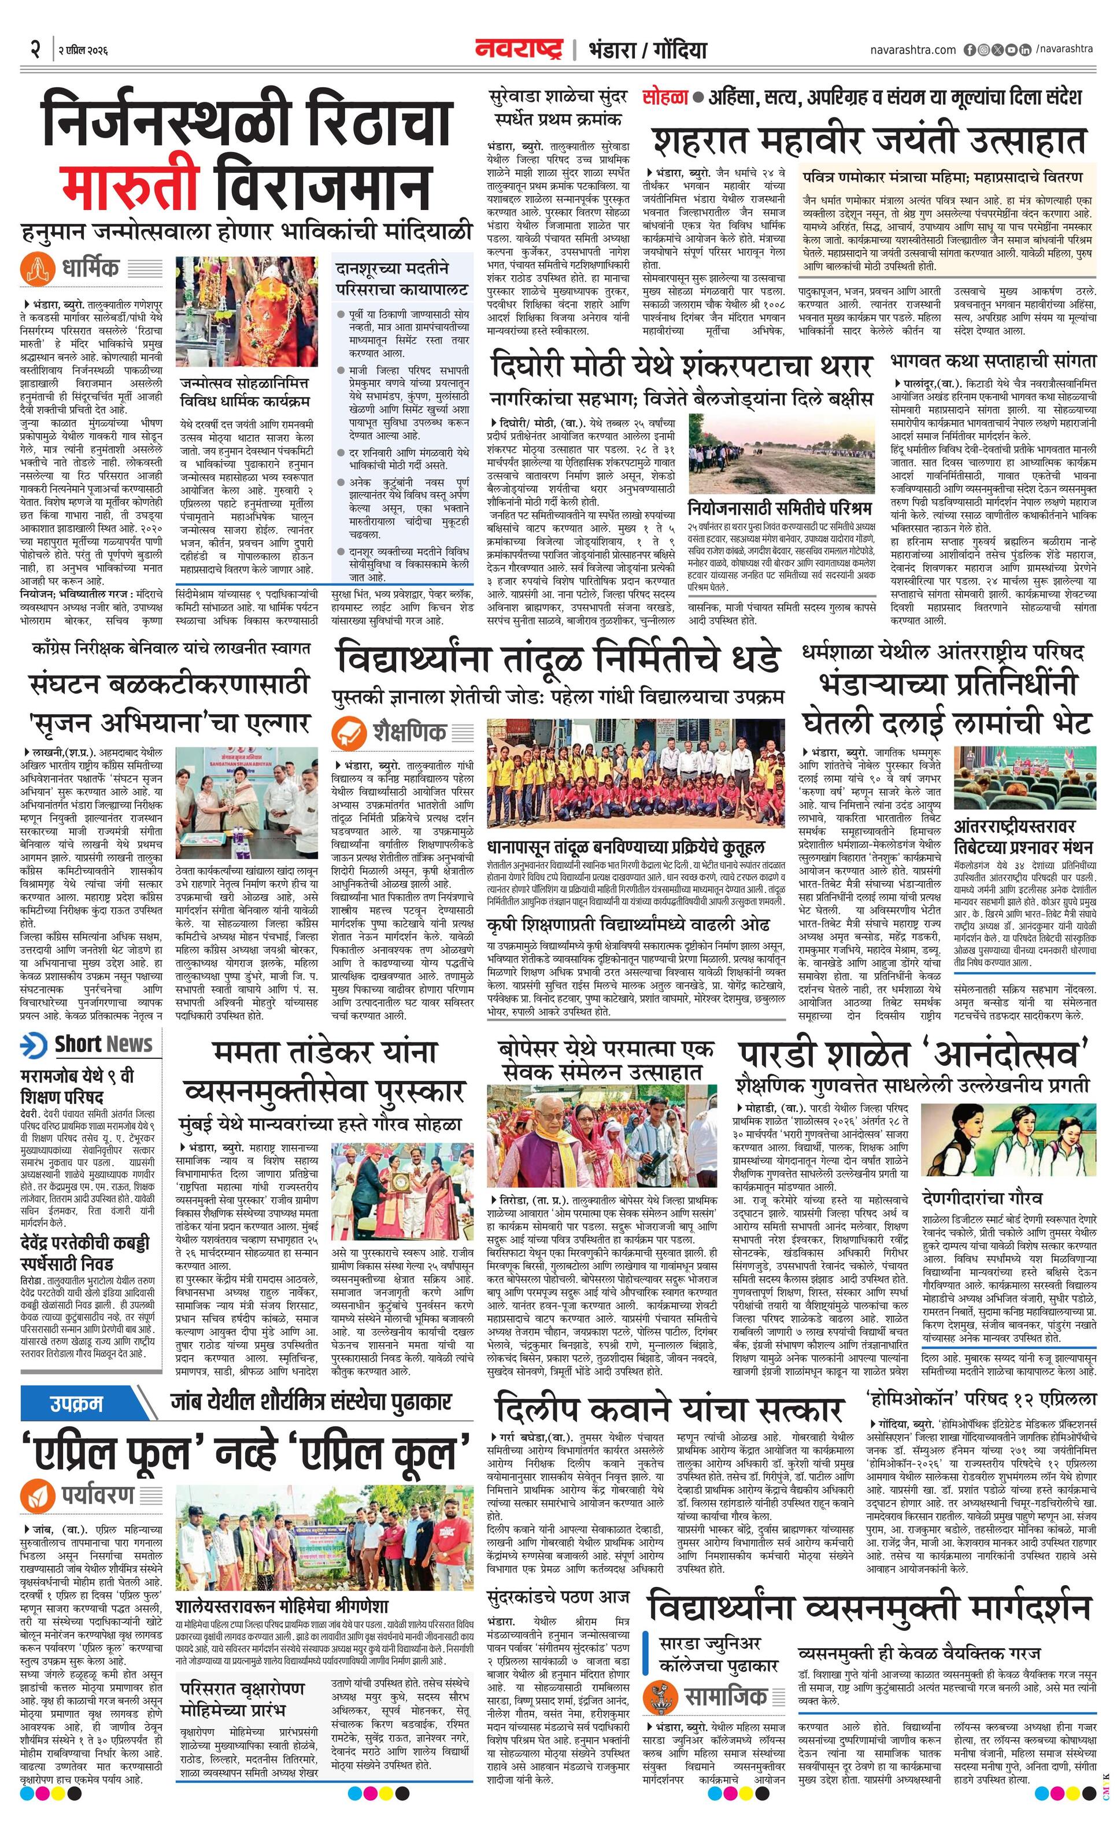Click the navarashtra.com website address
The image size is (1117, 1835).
(x=912, y=49)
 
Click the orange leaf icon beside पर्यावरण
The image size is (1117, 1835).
(x=36, y=1493)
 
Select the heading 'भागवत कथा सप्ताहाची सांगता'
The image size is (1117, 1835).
(x=993, y=361)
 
